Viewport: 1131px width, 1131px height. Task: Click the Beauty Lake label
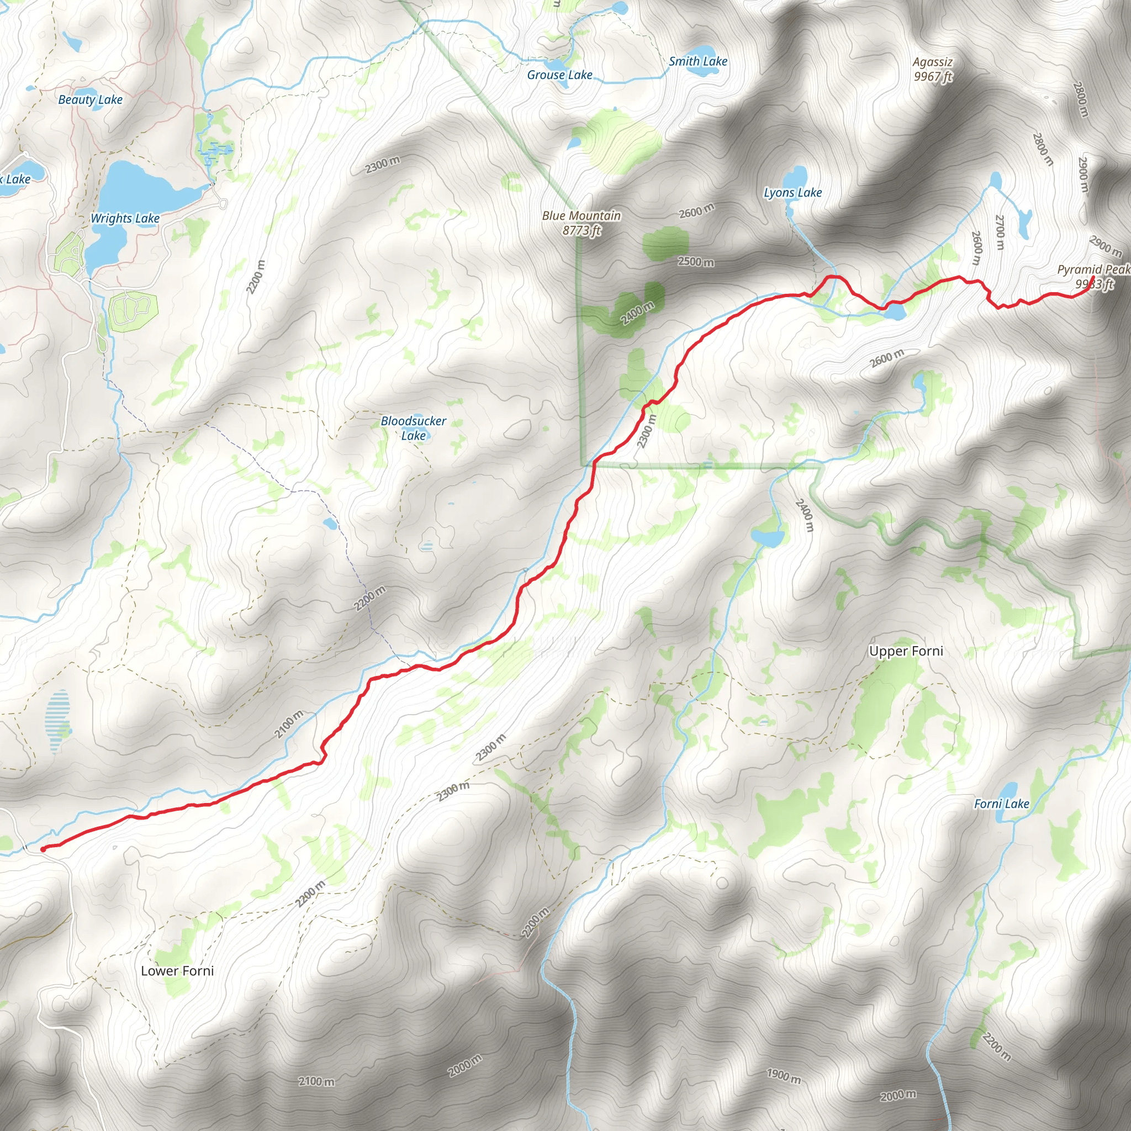click(x=90, y=99)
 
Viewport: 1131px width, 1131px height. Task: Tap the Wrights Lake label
click(x=125, y=218)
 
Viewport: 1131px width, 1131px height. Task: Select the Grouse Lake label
click(x=559, y=75)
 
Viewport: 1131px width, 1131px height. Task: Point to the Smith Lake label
click(x=698, y=61)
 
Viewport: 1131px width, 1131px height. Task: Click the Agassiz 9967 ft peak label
click(x=933, y=69)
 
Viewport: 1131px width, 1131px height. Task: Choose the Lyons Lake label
click(x=792, y=193)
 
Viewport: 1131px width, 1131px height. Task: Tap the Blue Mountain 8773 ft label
click(x=582, y=223)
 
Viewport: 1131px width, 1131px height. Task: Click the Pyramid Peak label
click(x=1093, y=276)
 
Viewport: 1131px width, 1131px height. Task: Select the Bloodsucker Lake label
click(x=413, y=428)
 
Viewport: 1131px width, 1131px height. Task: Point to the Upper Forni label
click(x=906, y=652)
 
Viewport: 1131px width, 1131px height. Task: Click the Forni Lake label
click(x=1001, y=804)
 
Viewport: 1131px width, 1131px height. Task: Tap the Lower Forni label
click(x=177, y=971)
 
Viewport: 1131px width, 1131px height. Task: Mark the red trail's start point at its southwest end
click(x=43, y=849)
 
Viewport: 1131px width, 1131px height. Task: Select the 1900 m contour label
click(x=783, y=1075)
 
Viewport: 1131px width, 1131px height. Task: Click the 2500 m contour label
click(x=695, y=261)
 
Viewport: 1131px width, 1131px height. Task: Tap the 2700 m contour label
click(x=1000, y=232)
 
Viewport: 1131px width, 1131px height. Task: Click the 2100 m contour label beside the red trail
click(x=289, y=724)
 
